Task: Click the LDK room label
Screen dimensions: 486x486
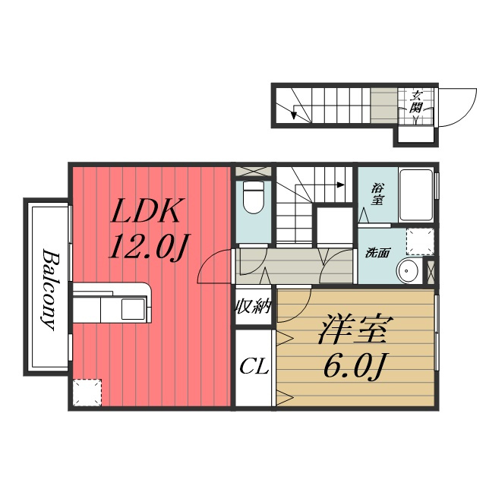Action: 146,211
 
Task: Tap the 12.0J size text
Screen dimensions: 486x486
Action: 149,246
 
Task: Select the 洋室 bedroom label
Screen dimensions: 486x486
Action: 355,329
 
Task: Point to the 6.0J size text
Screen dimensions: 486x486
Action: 355,366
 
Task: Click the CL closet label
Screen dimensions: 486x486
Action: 254,368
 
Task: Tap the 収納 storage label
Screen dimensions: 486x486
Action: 254,307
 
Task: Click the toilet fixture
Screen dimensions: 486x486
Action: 253,197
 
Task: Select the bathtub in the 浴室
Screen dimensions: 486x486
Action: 416,194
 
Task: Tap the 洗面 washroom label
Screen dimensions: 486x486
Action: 377,253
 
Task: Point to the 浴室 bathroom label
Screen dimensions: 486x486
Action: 377,194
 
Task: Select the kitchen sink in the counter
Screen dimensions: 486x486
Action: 133,309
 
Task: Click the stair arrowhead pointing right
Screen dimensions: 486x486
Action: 341,185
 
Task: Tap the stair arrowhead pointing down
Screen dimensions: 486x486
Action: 293,115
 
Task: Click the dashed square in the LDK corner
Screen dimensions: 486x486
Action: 88,393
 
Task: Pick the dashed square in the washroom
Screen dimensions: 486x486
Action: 420,241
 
